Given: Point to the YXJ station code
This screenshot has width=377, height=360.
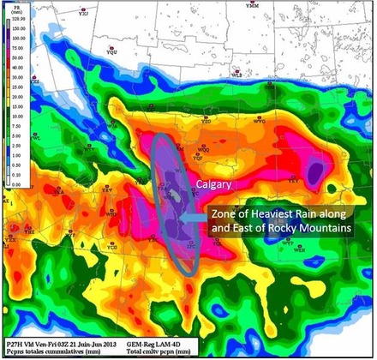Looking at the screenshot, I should [x=83, y=15].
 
